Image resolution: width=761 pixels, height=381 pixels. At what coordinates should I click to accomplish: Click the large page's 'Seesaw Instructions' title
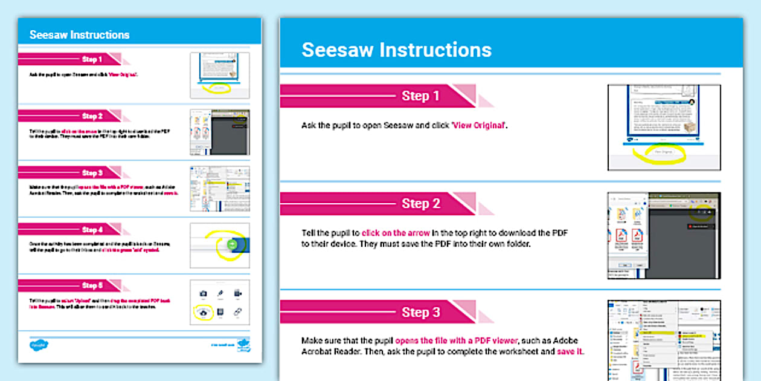click(396, 50)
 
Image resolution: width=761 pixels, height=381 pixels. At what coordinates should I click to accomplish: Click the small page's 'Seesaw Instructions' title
click(79, 35)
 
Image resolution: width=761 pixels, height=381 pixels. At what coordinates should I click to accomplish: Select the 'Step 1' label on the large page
click(420, 96)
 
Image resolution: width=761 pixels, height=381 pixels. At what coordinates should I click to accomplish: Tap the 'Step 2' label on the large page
click(420, 204)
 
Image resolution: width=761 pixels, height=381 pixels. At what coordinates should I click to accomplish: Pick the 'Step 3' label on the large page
click(420, 313)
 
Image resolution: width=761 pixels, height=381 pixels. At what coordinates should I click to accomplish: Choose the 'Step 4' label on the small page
click(92, 230)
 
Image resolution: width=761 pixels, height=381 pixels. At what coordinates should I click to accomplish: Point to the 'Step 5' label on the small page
click(92, 285)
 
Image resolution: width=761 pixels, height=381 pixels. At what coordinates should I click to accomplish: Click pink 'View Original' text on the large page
click(479, 126)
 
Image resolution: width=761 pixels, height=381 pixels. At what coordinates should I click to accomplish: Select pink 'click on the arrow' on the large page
click(396, 233)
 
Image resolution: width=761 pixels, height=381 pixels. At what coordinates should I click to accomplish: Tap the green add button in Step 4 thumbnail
click(233, 244)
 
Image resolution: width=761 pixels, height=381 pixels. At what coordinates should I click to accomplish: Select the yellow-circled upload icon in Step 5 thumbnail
click(203, 313)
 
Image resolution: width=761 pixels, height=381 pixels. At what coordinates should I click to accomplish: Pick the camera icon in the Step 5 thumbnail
click(203, 293)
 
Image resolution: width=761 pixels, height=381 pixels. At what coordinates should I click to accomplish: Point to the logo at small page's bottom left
click(39, 345)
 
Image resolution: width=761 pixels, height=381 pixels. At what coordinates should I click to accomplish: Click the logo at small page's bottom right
click(243, 345)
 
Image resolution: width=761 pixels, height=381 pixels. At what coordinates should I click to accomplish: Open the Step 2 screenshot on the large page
click(664, 235)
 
